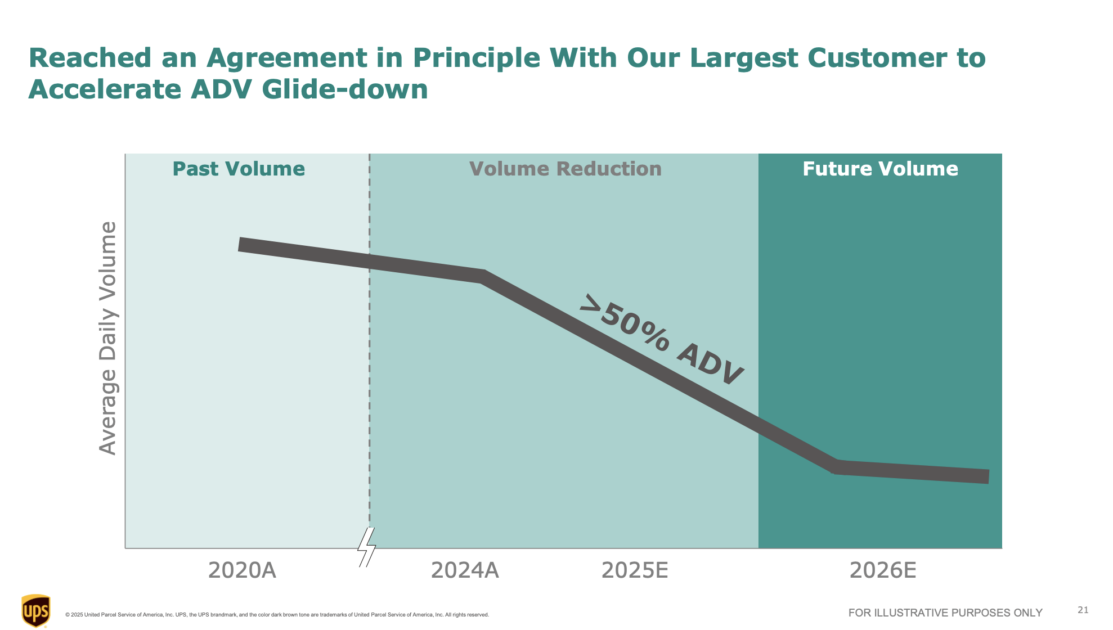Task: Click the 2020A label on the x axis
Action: click(242, 570)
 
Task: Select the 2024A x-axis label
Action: click(465, 570)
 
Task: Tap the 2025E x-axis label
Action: click(635, 570)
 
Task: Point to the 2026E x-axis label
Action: click(882, 570)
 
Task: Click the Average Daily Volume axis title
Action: click(107, 338)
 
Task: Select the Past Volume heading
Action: click(239, 169)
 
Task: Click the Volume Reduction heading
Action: click(565, 169)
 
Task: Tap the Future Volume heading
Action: click(880, 169)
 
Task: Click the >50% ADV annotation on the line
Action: click(662, 340)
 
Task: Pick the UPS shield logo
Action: click(36, 610)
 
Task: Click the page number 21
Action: click(1083, 610)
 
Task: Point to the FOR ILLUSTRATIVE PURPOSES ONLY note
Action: click(945, 613)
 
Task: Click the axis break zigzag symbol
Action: click(367, 547)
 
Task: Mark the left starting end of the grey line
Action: click(241, 244)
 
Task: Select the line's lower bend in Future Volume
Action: click(836, 466)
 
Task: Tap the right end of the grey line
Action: click(987, 476)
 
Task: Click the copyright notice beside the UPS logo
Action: click(277, 615)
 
